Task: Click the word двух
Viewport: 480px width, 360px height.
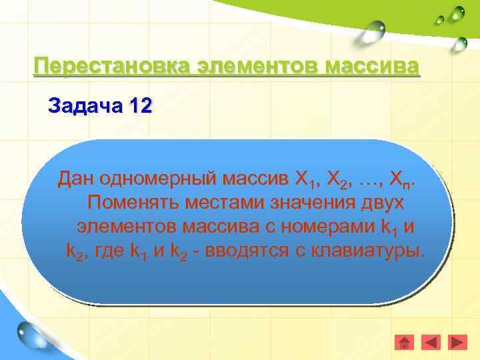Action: point(379,202)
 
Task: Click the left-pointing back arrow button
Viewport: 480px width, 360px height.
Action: point(431,342)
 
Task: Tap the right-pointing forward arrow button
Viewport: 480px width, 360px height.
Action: point(457,342)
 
